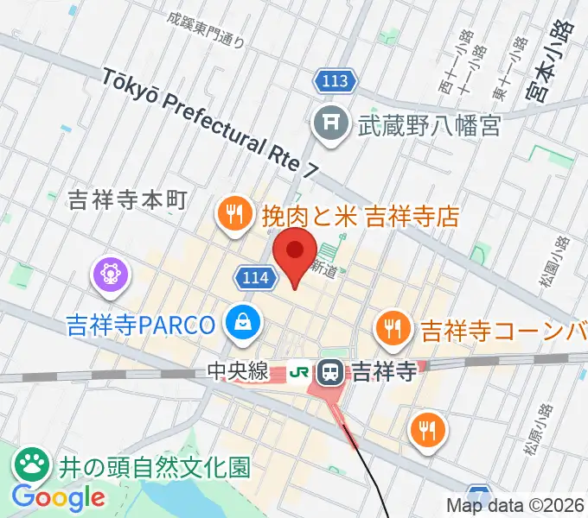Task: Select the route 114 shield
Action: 255,277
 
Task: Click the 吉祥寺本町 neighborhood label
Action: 126,201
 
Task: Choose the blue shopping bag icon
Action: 240,324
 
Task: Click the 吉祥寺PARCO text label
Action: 140,325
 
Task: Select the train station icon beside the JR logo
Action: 329,373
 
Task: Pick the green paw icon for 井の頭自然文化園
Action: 32,466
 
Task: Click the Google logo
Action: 58,497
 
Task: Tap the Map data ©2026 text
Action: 517,505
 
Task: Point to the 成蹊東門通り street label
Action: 208,28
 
